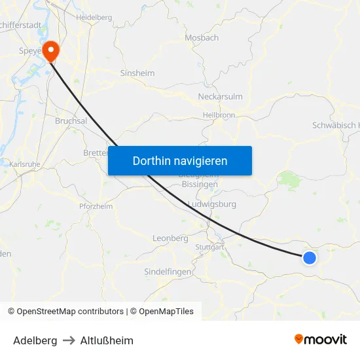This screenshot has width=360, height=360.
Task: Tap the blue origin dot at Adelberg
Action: tap(310, 258)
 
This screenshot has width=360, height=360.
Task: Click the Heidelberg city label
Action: tap(94, 18)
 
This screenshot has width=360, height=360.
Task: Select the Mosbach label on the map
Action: tap(202, 38)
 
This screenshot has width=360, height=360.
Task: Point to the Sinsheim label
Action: tap(137, 73)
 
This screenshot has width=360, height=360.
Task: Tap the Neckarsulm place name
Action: tap(220, 97)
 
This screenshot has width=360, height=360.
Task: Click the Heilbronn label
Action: tap(219, 115)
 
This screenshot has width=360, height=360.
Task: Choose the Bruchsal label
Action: tap(71, 121)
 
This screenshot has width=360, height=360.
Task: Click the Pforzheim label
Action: tap(96, 206)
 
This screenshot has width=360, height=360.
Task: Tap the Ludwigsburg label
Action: tap(211, 204)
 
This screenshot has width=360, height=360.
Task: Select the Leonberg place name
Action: tap(170, 238)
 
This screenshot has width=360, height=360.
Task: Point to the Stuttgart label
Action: tap(210, 247)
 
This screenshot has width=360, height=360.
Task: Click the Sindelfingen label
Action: tap(168, 272)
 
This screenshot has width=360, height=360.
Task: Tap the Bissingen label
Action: tap(200, 185)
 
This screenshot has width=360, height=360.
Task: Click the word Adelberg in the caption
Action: tap(35, 340)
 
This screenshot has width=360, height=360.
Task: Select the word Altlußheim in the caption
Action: tap(107, 340)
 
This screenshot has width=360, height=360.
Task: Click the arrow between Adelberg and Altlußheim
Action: tap(69, 340)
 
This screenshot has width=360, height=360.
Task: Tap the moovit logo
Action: tap(321, 339)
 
